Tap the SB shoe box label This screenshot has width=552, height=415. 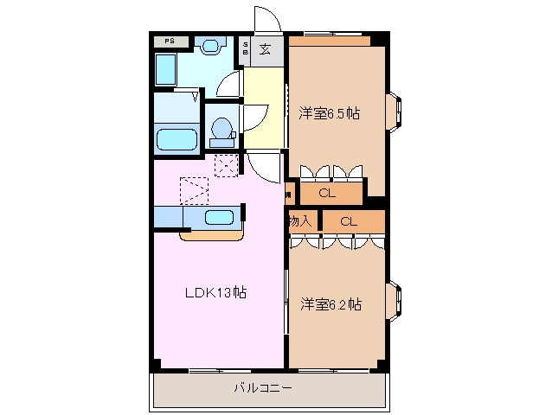point(246,49)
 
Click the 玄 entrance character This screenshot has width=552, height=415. point(265,49)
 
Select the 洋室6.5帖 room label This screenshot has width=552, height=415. point(330,113)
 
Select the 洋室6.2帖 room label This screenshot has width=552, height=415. point(331,304)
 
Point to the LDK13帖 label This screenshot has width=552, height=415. point(215,292)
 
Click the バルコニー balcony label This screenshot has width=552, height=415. point(262,387)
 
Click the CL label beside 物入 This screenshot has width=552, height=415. point(348,221)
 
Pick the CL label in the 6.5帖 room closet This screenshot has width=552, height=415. point(326,193)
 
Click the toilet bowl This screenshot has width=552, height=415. point(221,130)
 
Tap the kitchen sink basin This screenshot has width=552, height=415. point(218,218)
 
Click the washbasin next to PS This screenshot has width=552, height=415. point(209,43)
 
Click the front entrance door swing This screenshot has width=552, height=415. point(266,19)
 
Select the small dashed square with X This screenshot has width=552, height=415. point(226,165)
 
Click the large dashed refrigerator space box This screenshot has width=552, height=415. point(194,189)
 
